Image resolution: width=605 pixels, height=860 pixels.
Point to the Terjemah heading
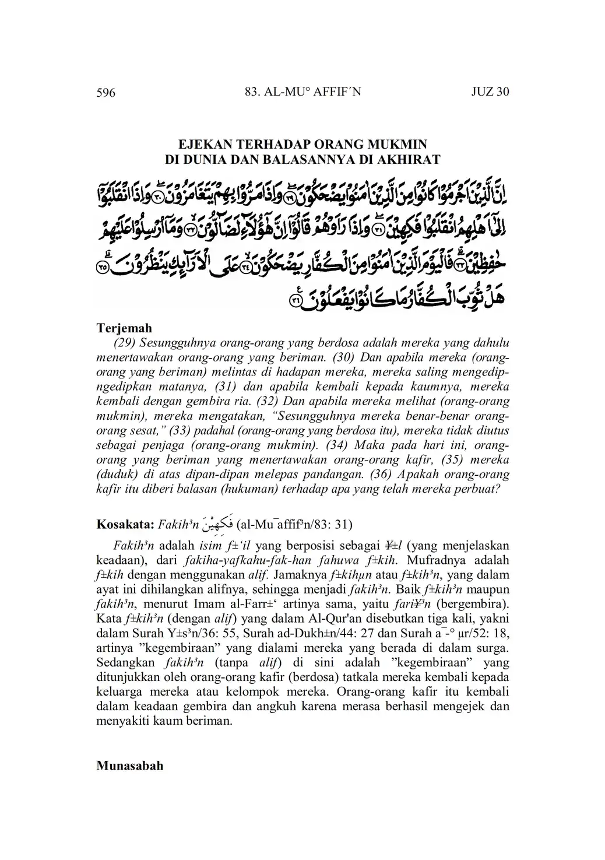click(x=124, y=328)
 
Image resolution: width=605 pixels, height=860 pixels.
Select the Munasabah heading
click(x=129, y=766)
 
